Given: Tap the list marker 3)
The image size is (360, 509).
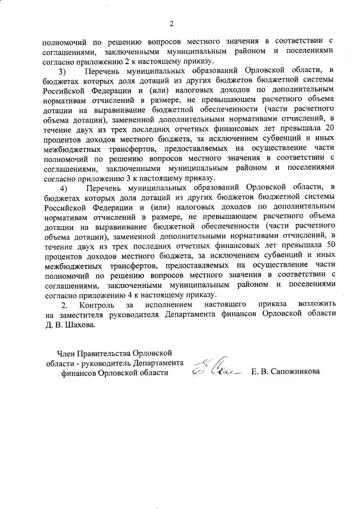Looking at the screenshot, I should coord(63,70).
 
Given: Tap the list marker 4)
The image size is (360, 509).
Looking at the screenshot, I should coord(63,187).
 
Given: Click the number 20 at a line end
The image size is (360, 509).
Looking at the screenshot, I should coord(331,129).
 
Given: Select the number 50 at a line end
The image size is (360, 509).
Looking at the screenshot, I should coord(331,245).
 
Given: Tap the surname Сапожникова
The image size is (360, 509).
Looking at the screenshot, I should coord(304,372).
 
